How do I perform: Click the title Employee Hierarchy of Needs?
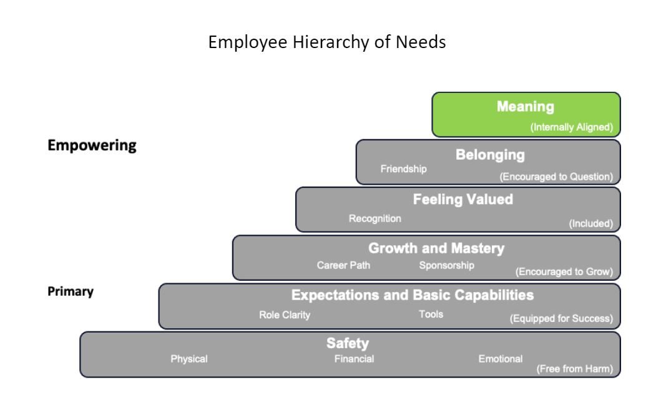[x=327, y=42]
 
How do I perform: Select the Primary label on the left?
[x=71, y=291]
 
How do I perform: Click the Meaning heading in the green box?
[x=526, y=107]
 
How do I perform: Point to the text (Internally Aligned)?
[x=572, y=127]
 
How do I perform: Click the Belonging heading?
[x=490, y=155]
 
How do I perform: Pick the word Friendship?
[x=404, y=169]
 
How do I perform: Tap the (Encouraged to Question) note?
[x=556, y=177]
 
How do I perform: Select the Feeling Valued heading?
[x=463, y=200]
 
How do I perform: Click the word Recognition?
[x=375, y=218]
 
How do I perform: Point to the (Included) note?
[x=591, y=223]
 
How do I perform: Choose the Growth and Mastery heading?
[x=436, y=248]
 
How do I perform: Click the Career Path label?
[x=344, y=265]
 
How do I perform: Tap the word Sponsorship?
[x=447, y=265]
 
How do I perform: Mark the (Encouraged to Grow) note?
[x=564, y=271]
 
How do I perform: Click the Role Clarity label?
[x=285, y=315]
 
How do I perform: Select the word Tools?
[x=431, y=314]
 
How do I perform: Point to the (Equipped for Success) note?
[x=561, y=318]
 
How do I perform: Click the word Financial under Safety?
[x=355, y=359]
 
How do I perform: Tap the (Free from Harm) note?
[x=575, y=369]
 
